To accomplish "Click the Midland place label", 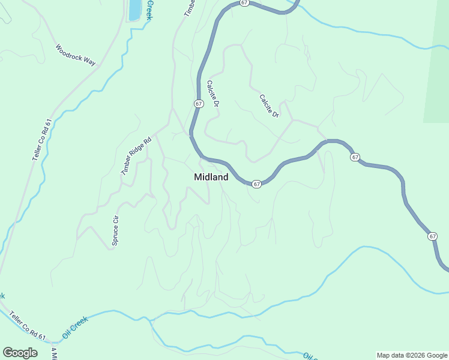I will (x=211, y=177).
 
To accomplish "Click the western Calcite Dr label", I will (x=212, y=95).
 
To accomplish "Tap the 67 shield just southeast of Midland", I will (x=256, y=184).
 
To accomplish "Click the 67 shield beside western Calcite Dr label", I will (x=199, y=104).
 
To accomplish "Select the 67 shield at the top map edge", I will (x=244, y=3).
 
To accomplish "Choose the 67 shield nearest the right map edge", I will (x=433, y=236).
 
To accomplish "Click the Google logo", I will (x=20, y=353).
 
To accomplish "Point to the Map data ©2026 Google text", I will (x=411, y=355).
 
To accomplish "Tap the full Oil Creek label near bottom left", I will (x=75, y=326).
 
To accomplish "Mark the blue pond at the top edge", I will (x=134, y=9).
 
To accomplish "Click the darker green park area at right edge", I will (x=437, y=66).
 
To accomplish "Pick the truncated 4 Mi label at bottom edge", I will (x=54, y=353).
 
